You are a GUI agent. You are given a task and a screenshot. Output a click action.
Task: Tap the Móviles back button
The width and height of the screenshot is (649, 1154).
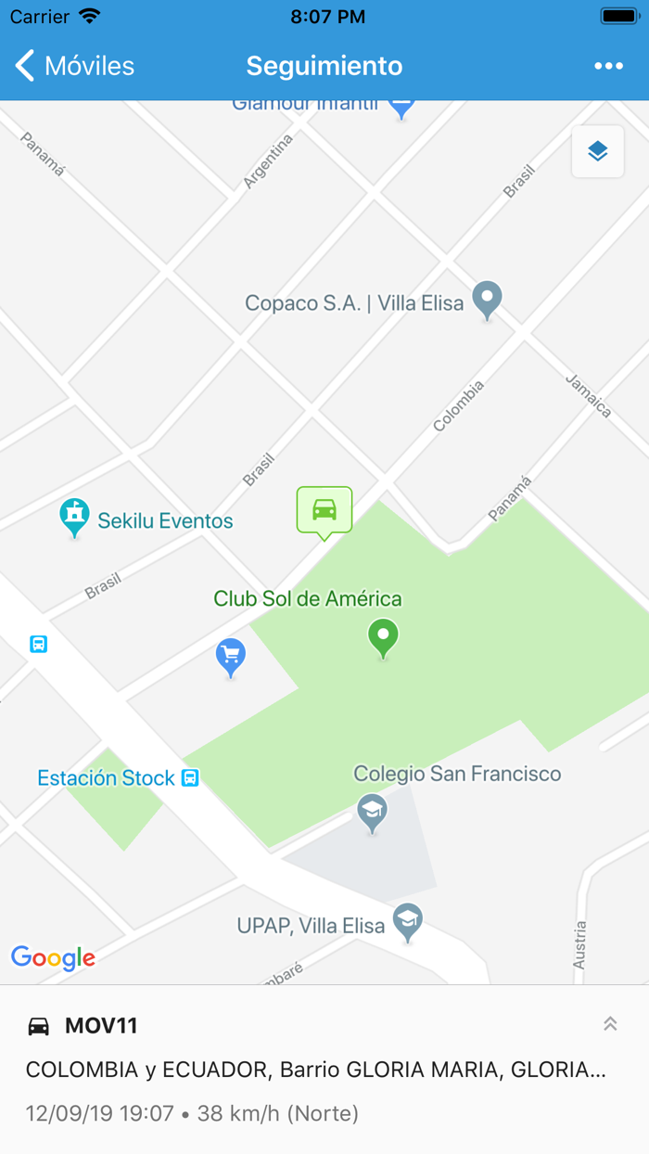pyautogui.click(x=75, y=66)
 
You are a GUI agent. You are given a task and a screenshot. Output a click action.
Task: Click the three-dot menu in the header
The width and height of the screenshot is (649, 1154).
pyautogui.click(x=608, y=66)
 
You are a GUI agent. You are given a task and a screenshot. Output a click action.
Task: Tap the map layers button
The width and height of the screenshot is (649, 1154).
pyautogui.click(x=597, y=151)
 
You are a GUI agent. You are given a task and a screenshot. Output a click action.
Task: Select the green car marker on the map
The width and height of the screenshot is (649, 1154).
pyautogui.click(x=324, y=509)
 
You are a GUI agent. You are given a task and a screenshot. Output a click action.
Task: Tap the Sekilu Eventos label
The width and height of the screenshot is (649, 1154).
pyautogui.click(x=165, y=521)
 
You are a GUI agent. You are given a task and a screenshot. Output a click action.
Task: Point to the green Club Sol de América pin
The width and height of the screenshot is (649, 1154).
pyautogui.click(x=383, y=638)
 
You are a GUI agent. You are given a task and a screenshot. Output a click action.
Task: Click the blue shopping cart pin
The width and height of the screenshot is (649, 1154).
pyautogui.click(x=231, y=657)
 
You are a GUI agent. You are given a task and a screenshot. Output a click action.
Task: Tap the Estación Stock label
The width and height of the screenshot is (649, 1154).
pyautogui.click(x=106, y=778)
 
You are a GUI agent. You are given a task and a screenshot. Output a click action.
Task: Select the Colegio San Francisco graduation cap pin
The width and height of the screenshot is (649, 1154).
pyautogui.click(x=373, y=813)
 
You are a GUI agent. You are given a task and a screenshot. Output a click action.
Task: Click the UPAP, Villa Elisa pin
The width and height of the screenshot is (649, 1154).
pyautogui.click(x=407, y=921)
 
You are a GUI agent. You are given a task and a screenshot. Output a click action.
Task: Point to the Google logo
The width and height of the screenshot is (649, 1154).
pyautogui.click(x=53, y=957)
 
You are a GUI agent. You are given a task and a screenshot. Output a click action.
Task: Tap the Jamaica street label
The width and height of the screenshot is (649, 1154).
pyautogui.click(x=589, y=395)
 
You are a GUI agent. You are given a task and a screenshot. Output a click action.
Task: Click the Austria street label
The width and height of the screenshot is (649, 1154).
pyautogui.click(x=580, y=944)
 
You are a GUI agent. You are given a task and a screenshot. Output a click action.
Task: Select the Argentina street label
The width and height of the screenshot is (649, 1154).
pyautogui.click(x=268, y=161)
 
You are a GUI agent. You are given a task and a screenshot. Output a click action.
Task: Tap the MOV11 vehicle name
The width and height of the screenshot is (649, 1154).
pyautogui.click(x=101, y=1026)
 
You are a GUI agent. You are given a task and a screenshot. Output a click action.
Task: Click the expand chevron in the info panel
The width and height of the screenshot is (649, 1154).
pyautogui.click(x=610, y=1024)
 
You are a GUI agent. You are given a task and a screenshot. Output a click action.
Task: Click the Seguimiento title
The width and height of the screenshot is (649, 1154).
pyautogui.click(x=324, y=66)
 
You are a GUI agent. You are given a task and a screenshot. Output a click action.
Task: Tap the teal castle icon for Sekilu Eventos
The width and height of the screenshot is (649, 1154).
pyautogui.click(x=74, y=516)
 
